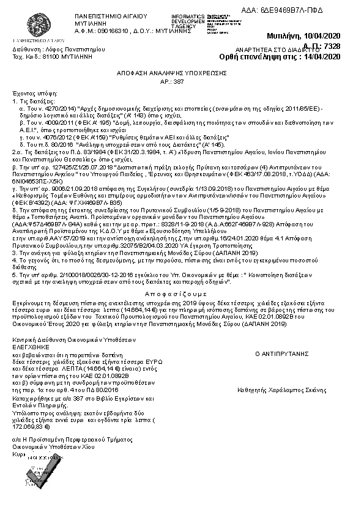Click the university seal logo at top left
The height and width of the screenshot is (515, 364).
point(29,23)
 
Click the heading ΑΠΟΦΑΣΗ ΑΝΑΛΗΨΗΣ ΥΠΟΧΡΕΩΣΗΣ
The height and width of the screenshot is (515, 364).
point(173,72)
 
